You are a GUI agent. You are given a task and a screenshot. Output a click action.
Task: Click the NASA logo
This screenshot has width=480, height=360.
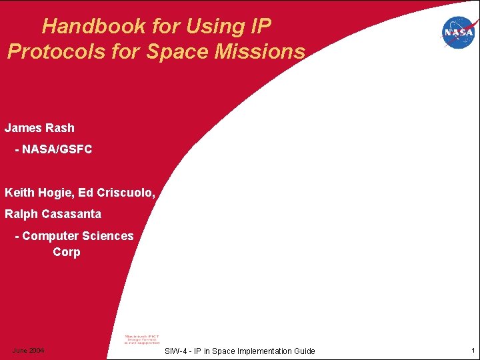[458, 32]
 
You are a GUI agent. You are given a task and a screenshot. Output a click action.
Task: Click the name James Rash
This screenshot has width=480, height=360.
[39, 127]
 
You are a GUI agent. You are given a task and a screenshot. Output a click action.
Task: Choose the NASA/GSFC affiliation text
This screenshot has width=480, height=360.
[57, 149]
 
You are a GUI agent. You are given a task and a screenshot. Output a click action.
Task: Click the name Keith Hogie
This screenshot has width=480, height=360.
[39, 193]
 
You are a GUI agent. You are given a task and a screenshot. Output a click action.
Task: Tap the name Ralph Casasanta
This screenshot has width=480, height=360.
[53, 214]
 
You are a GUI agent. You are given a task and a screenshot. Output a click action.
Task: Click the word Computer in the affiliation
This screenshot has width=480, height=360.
[50, 236]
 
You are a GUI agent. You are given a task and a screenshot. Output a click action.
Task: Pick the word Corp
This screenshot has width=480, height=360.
[67, 252]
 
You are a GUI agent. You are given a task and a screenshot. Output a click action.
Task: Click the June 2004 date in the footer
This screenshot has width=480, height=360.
[28, 351]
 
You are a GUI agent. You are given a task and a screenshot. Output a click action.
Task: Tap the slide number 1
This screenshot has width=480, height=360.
[471, 351]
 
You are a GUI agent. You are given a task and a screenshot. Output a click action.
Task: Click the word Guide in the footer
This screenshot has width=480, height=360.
[303, 351]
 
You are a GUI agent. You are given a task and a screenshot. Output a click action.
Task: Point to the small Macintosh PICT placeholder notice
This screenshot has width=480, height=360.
[143, 339]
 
